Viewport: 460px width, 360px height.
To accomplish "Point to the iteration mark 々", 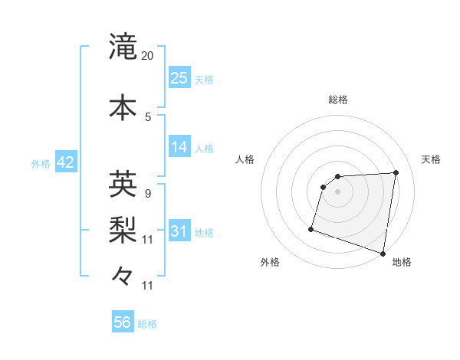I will pyautogui.click(x=123, y=275).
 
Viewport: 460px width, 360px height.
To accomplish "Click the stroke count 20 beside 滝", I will pyautogui.click(x=148, y=56).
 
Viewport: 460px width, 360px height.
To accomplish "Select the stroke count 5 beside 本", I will pyautogui.click(x=148, y=116).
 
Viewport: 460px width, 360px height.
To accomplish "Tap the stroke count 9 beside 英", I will pyautogui.click(x=148, y=193).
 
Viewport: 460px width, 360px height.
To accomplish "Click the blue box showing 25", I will pyautogui.click(x=179, y=78).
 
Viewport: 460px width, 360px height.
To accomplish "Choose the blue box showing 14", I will pyautogui.click(x=179, y=147).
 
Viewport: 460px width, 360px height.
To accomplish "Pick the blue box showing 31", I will pyautogui.click(x=179, y=231).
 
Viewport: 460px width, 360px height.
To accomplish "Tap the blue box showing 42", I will pyautogui.click(x=65, y=162).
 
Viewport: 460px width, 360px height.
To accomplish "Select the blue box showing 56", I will pyautogui.click(x=123, y=322).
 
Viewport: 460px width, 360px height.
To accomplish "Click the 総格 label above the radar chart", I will pyautogui.click(x=338, y=100).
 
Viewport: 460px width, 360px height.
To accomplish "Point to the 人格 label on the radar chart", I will pyautogui.click(x=245, y=159).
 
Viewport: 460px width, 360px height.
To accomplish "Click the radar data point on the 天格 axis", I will pyautogui.click(x=396, y=172).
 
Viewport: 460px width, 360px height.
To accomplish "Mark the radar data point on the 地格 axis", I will pyautogui.click(x=383, y=253).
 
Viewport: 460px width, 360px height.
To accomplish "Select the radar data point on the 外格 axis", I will pyautogui.click(x=311, y=229).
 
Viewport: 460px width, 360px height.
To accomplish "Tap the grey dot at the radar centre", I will pyautogui.click(x=337, y=191).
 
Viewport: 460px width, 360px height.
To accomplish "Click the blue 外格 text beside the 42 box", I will pyautogui.click(x=41, y=163).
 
